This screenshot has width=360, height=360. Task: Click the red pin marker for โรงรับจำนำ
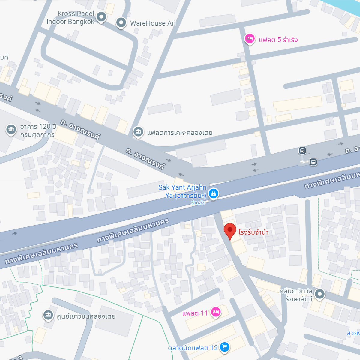coord(230,230)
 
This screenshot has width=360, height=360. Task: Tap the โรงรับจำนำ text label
coord(253,232)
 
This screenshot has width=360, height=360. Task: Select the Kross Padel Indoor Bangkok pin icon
coord(101,17)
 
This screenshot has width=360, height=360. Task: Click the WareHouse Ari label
coord(153,23)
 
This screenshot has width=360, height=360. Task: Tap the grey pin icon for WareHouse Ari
coord(121,22)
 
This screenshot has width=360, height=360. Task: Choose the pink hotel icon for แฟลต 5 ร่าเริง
coord(250,39)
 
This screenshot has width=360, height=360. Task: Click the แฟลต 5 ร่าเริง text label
coord(278,40)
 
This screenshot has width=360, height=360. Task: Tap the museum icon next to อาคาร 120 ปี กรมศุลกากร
coord(11,130)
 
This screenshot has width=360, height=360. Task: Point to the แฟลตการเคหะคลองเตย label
coord(179,133)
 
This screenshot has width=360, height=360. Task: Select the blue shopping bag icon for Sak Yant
coord(213,193)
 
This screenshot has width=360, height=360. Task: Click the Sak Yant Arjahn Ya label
coord(182,192)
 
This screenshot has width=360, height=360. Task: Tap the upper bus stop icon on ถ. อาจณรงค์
coord(302,150)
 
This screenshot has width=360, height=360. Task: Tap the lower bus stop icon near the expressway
coord(313,162)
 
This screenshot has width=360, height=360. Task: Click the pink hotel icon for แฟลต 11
coord(216,312)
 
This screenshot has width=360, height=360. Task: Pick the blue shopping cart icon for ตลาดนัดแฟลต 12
coord(225,347)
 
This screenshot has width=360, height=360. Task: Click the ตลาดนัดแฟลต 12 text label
coord(193,348)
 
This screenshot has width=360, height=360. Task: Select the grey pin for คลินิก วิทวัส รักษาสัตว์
coord(319,294)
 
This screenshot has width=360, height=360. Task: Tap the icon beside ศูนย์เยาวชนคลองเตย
coord(48,315)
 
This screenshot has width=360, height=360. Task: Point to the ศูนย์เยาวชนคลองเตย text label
coord(86,316)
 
